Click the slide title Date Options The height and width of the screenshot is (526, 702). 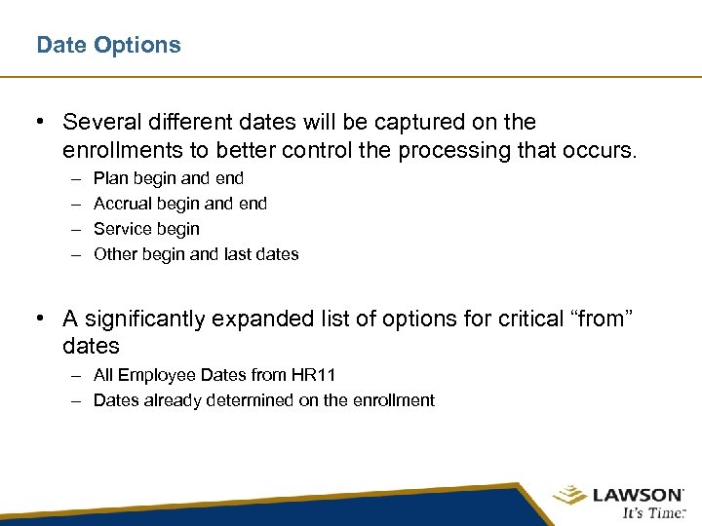click(108, 45)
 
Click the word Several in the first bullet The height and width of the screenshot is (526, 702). click(97, 122)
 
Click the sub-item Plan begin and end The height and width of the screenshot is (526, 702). click(169, 178)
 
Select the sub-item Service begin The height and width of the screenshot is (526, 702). click(146, 229)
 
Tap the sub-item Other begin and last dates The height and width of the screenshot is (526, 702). click(196, 254)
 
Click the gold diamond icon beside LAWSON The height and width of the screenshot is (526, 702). click(569, 496)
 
